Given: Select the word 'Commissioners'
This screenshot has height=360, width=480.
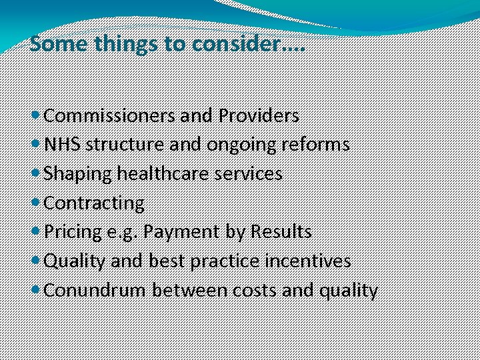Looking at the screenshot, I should [109, 116].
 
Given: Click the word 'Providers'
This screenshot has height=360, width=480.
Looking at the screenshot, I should [258, 116].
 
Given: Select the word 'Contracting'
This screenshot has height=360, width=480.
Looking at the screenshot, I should [94, 203].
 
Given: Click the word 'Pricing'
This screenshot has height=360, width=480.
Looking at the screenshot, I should [73, 232].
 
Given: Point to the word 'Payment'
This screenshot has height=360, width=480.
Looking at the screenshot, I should [173, 232].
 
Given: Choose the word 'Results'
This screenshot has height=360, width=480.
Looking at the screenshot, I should [281, 232].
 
